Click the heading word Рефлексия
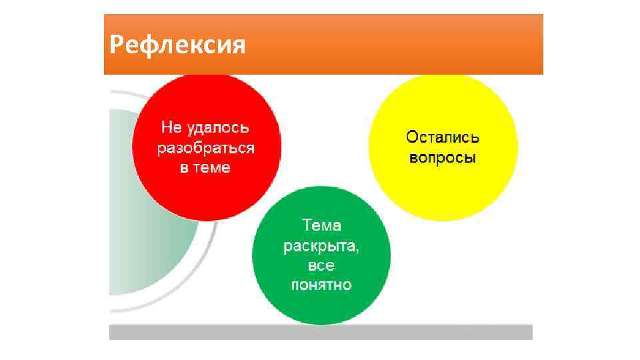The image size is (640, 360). pyautogui.click(x=177, y=46)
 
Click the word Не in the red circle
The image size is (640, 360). pyautogui.click(x=171, y=127)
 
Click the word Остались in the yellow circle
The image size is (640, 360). pyautogui.click(x=443, y=138)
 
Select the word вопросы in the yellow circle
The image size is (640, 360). pyautogui.click(x=443, y=159)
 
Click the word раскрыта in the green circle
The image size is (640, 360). pyautogui.click(x=319, y=245)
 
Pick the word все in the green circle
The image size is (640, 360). pyautogui.click(x=321, y=265)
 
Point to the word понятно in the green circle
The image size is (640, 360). pyautogui.click(x=321, y=285)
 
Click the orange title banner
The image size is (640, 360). pyautogui.click(x=400, y=44)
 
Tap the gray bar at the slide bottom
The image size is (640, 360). pyautogui.click(x=321, y=332)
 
